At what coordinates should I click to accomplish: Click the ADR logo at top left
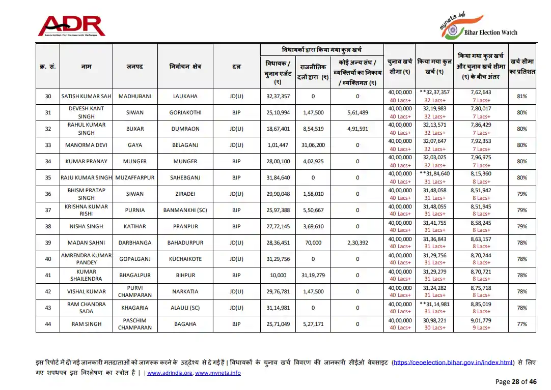pyautogui.click(x=71, y=26)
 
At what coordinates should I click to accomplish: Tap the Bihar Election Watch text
pyautogui.click(x=490, y=33)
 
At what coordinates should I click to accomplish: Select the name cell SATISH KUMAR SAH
pyautogui.click(x=86, y=96)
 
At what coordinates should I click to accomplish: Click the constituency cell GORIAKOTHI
pyautogui.click(x=185, y=112)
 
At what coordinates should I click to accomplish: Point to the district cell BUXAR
pyautogui.click(x=135, y=129)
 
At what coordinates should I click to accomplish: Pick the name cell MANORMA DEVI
pyautogui.click(x=86, y=145)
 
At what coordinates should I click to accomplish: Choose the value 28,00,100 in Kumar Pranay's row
pyautogui.click(x=278, y=161)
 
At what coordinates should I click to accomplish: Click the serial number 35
pyautogui.click(x=48, y=177)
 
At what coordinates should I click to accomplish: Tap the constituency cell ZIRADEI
pyautogui.click(x=185, y=194)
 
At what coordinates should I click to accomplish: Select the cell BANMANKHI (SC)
pyautogui.click(x=185, y=210)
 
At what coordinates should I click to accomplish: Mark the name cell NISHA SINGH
pyautogui.click(x=86, y=226)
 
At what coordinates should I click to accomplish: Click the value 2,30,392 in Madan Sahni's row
pyautogui.click(x=357, y=243)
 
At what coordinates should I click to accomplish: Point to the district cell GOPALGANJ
pyautogui.click(x=135, y=259)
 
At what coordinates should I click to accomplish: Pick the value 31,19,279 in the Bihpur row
pyautogui.click(x=313, y=275)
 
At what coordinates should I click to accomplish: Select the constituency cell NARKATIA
pyautogui.click(x=185, y=291)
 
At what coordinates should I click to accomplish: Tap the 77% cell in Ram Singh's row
pyautogui.click(x=522, y=324)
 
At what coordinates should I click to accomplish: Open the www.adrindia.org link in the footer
pyautogui.click(x=170, y=373)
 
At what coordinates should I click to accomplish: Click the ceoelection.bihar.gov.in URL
pyautogui.click(x=453, y=363)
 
